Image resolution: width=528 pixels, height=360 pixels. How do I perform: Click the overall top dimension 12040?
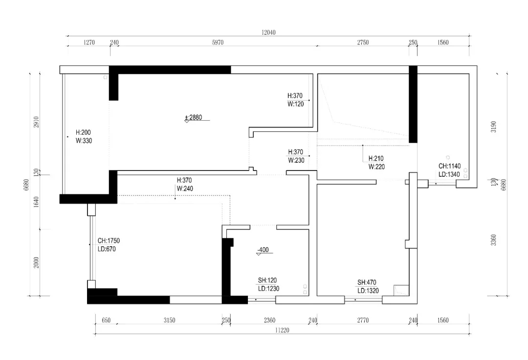[x=268, y=32]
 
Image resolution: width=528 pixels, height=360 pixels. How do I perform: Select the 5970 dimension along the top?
[x=218, y=42]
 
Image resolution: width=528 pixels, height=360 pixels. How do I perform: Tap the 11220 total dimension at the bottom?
[x=282, y=330]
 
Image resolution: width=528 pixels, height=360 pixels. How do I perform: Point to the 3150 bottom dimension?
[x=169, y=320]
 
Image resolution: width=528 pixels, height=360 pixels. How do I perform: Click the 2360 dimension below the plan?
[x=269, y=320]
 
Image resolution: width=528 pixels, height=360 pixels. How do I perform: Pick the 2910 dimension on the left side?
[x=36, y=122]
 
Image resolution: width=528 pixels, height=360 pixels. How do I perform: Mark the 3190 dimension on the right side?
[x=493, y=127]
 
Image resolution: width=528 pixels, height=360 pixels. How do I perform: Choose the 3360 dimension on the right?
[x=493, y=240]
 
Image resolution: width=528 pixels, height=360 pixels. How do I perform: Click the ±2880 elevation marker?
[x=194, y=117]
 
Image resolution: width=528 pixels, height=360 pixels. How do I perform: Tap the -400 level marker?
[x=263, y=250]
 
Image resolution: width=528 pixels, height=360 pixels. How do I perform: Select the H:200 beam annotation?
[x=83, y=132]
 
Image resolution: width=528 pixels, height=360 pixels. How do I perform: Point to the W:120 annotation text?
[x=296, y=105]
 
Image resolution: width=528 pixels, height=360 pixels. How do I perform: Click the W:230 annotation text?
[x=296, y=161]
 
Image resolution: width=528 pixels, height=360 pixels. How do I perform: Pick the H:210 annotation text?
[x=376, y=158]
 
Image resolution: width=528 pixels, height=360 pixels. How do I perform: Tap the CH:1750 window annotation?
[x=109, y=241]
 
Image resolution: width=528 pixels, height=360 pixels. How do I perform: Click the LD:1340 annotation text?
[x=449, y=174]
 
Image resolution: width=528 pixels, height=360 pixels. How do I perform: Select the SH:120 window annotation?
[x=267, y=280]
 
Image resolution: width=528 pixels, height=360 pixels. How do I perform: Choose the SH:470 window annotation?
[x=367, y=283]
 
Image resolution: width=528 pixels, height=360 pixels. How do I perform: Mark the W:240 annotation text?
[x=185, y=189]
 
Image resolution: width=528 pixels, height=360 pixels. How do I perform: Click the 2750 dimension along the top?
[x=363, y=42]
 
